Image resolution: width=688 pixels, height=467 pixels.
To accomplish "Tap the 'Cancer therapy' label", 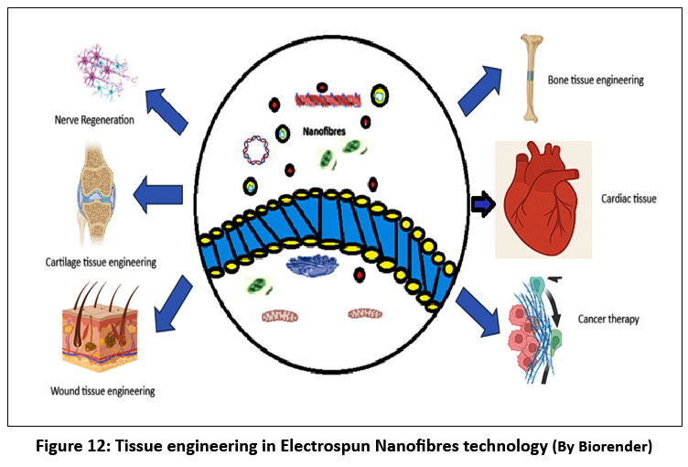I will pyautogui.click(x=609, y=320).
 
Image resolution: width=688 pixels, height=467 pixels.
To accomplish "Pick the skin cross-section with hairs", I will pyautogui.click(x=102, y=331).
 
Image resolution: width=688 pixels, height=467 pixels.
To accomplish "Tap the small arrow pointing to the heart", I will pyautogui.click(x=482, y=204).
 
